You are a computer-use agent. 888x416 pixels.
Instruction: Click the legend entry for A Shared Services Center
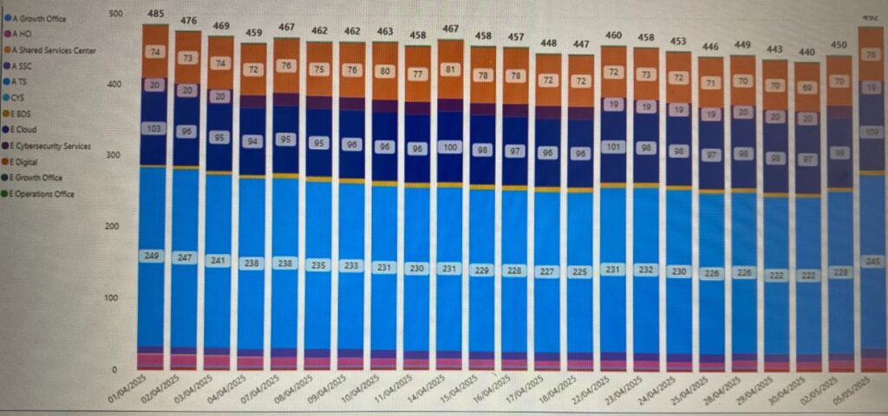(52, 50)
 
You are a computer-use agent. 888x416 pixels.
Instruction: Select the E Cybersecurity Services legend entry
(50, 146)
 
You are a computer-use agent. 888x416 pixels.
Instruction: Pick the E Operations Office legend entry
(43, 193)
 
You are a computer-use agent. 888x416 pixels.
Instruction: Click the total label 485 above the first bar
(155, 14)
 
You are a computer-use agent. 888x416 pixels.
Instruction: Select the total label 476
(188, 21)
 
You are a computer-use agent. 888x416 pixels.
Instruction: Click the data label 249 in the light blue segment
(154, 256)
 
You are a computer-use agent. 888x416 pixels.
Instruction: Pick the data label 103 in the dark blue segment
(154, 127)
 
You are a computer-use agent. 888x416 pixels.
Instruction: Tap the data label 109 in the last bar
(870, 132)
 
